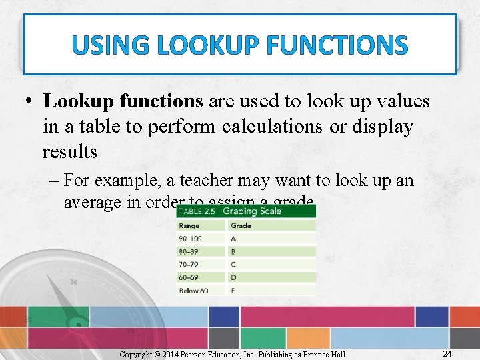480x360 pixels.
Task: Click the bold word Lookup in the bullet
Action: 79,101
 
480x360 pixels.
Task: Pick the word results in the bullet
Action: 69,152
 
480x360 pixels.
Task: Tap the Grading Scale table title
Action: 252,211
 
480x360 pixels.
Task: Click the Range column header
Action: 189,225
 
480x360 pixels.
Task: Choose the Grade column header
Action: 241,225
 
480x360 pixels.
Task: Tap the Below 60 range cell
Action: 193,291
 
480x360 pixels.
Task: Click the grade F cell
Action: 233,291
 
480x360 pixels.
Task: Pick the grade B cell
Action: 233,251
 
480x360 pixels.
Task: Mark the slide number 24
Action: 448,353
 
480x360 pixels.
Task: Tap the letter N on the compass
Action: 73,282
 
